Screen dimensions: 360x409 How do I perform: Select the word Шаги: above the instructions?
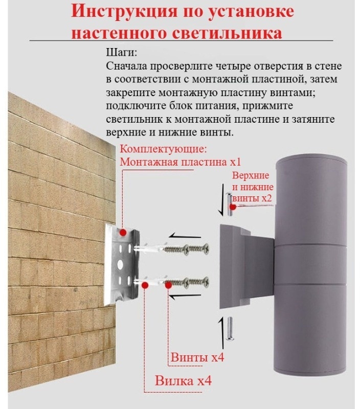pos(121,53)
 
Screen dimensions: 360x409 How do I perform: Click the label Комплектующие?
pos(163,149)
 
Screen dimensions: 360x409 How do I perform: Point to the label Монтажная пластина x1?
pos(180,162)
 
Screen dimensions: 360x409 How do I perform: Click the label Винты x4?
pos(197,357)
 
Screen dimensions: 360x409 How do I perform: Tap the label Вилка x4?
pos(183,380)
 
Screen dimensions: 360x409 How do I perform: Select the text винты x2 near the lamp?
pos(252,198)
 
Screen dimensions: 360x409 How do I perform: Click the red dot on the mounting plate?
pos(123,233)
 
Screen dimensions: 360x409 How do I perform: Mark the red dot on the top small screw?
pos(233,207)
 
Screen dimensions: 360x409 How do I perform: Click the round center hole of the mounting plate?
pos(120,263)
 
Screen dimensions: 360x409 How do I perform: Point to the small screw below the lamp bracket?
pos(230,328)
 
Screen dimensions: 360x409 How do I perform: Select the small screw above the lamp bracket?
pos(229,204)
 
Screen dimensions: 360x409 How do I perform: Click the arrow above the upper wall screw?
pos(185,236)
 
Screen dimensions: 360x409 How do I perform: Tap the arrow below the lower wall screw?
pos(185,296)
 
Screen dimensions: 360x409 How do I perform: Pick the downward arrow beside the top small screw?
pos(222,200)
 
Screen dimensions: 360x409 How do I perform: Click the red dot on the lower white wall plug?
pos(145,285)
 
